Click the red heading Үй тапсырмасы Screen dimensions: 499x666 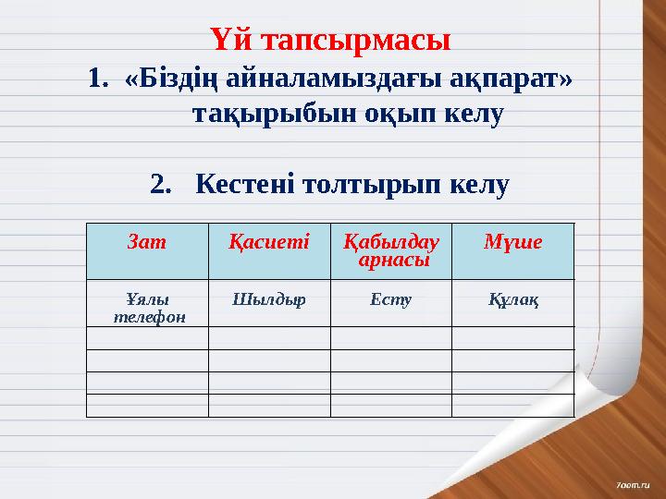(x=330, y=42)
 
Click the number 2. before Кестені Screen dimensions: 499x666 (x=160, y=185)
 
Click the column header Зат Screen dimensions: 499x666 (x=146, y=242)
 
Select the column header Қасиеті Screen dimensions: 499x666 (x=268, y=242)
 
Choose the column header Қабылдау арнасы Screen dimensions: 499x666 (x=390, y=250)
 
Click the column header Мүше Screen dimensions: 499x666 (x=512, y=242)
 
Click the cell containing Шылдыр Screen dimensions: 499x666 (x=268, y=300)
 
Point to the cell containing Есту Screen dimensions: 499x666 (x=390, y=300)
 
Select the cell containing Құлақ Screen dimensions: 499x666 (x=512, y=300)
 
